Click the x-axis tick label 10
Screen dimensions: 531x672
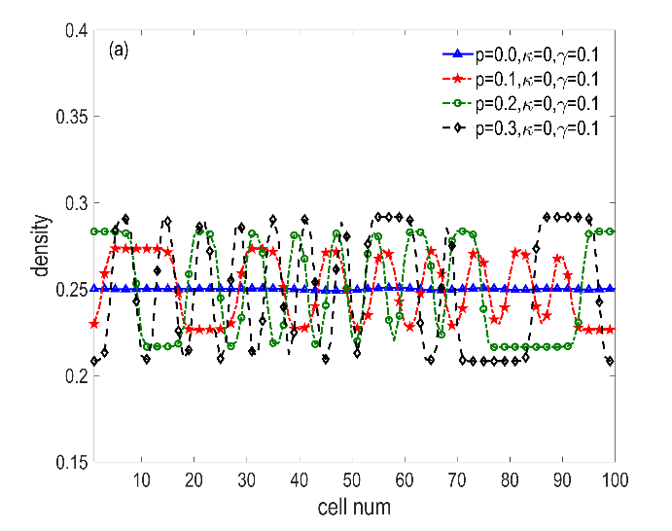pyautogui.click(x=142, y=479)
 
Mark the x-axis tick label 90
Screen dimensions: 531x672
pyautogui.click(x=562, y=479)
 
